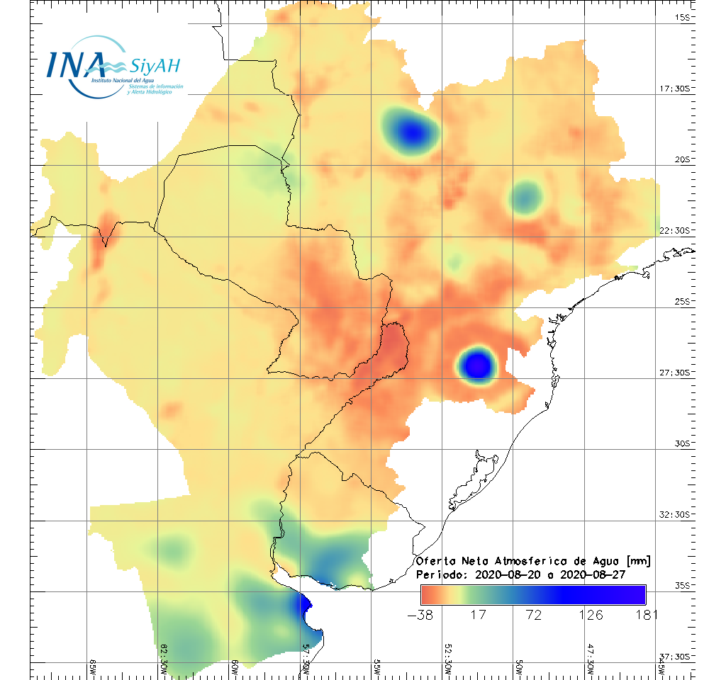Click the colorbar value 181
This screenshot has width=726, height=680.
click(645, 614)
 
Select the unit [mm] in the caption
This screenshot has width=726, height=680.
click(637, 561)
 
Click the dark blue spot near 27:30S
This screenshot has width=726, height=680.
click(477, 365)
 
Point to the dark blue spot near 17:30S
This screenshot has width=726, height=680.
click(411, 130)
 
